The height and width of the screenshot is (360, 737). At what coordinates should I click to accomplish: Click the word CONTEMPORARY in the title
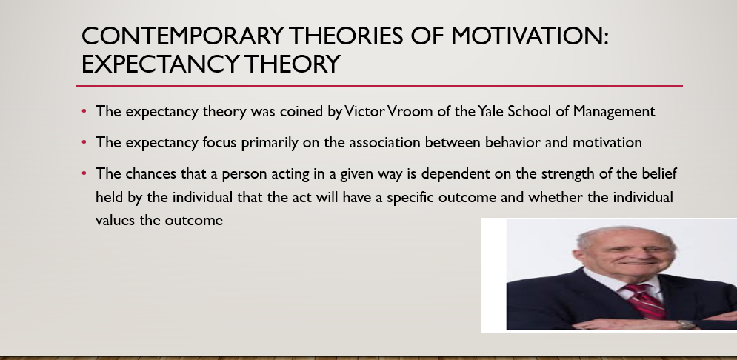pos(182,36)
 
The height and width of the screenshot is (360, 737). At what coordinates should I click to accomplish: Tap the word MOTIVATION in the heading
pos(529,36)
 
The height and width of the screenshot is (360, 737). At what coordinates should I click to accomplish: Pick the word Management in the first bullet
pos(614,112)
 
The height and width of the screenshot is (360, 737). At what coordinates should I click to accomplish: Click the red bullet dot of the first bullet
pos(84,111)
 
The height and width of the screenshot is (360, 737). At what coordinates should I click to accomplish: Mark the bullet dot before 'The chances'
pos(84,173)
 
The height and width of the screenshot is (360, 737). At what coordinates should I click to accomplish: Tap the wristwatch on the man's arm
pos(686,324)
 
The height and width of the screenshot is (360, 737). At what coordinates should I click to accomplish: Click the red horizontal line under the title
pos(379,87)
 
